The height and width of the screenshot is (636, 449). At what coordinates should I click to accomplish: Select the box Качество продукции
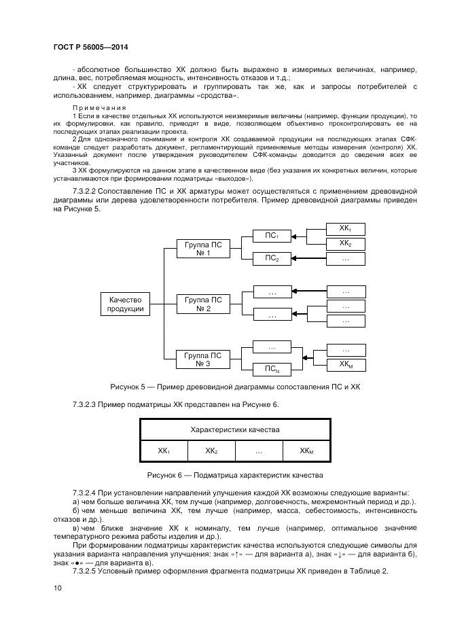126,304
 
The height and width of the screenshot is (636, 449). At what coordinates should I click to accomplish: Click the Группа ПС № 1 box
203,249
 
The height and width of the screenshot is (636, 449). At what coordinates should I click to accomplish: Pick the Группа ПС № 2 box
203,304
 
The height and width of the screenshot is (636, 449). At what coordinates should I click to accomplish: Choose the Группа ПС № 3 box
203,359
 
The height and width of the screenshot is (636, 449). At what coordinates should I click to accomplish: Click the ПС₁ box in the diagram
272,236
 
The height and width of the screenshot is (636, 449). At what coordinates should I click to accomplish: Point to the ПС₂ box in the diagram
272,258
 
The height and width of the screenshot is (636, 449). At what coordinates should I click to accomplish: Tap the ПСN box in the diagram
272,370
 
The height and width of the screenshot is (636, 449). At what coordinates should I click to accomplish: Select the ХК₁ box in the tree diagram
345,228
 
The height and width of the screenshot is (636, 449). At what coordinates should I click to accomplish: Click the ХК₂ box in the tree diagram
345,244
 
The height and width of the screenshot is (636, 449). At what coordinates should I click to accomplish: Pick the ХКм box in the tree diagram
345,365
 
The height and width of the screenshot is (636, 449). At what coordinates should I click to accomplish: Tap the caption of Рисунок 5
234,387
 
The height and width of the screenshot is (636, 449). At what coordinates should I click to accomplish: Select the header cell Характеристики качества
234,430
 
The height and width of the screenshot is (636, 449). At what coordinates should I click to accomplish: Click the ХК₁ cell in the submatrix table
164,450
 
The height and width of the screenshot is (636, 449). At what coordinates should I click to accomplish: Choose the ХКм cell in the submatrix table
306,450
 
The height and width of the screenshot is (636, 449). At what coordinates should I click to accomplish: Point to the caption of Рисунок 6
234,474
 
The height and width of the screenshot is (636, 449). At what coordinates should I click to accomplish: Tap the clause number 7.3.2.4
85,492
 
